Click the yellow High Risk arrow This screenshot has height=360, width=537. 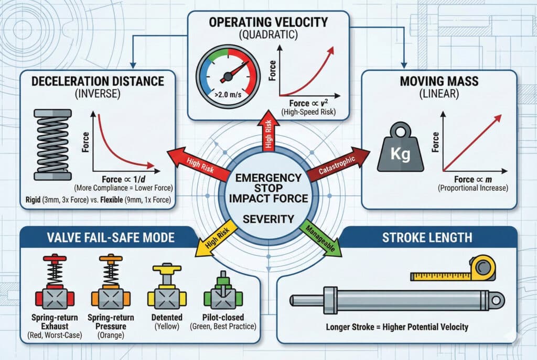(214, 238)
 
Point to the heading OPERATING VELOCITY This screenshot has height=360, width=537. (268, 21)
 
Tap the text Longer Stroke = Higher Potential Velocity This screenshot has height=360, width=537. (397, 328)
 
